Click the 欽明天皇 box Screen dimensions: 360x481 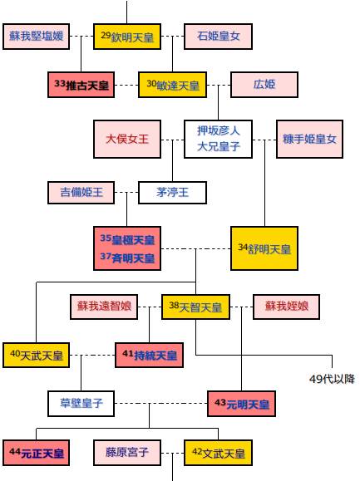pos(127,37)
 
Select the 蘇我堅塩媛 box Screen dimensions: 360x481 pos(37,37)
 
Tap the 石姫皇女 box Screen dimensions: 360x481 pos(218,37)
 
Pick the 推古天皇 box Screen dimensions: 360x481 pos(81,85)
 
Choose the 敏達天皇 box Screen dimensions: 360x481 pos(172,85)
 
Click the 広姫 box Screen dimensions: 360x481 pos(264,85)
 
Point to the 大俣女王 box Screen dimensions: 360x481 pos(127,139)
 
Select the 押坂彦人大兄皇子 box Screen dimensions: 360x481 pos(218,139)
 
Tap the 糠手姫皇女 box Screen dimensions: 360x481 pos(309,139)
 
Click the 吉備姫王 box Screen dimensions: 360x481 pos(81,193)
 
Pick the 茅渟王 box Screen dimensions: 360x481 pos(172,193)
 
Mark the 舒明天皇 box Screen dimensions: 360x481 pos(264,248)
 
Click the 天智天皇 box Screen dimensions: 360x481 pos(195,307)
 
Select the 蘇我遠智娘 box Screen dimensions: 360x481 pos(104,307)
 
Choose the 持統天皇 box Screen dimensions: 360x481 pos(149,355)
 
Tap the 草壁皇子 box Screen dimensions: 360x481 pos(81,404)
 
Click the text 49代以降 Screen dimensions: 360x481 pos(332,379)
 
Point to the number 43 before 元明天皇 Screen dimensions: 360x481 pos(220,402)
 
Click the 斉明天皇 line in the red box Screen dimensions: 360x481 pos(127,258)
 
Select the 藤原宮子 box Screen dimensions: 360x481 pos(127,453)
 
